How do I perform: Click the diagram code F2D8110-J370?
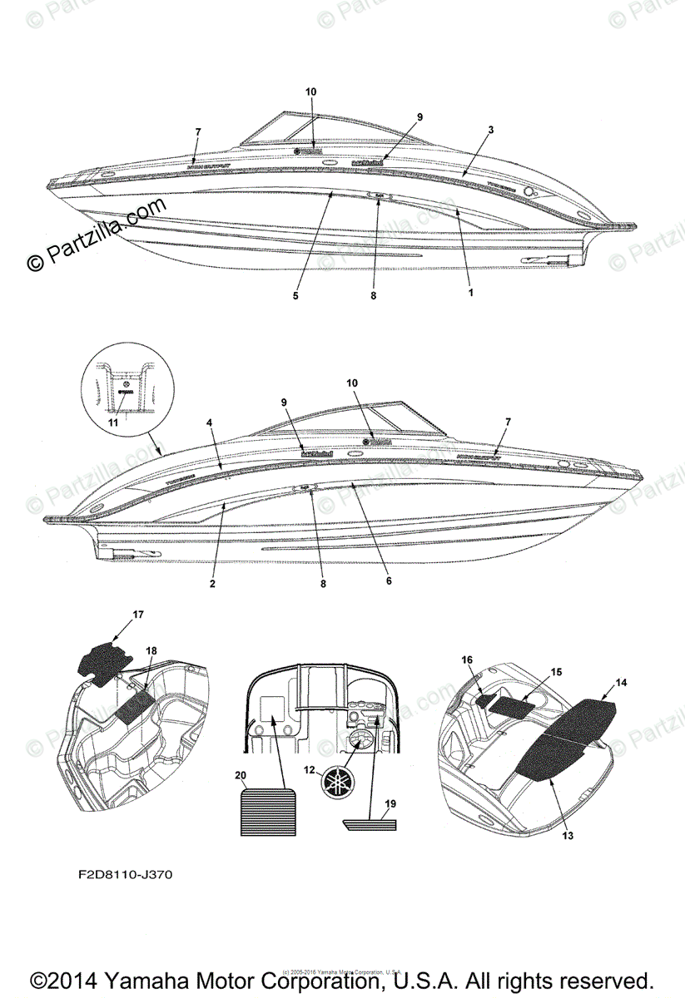click(x=122, y=875)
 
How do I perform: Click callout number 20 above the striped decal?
click(x=241, y=775)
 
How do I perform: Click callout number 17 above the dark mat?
click(x=138, y=615)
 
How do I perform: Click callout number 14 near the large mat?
click(x=621, y=682)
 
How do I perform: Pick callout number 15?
click(x=557, y=671)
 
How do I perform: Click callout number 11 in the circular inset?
click(x=113, y=422)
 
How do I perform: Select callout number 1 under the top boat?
click(x=470, y=293)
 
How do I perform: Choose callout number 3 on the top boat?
click(x=491, y=131)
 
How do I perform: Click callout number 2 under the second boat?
click(x=212, y=584)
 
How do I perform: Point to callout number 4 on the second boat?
click(x=210, y=422)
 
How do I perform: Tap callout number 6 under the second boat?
click(x=389, y=581)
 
